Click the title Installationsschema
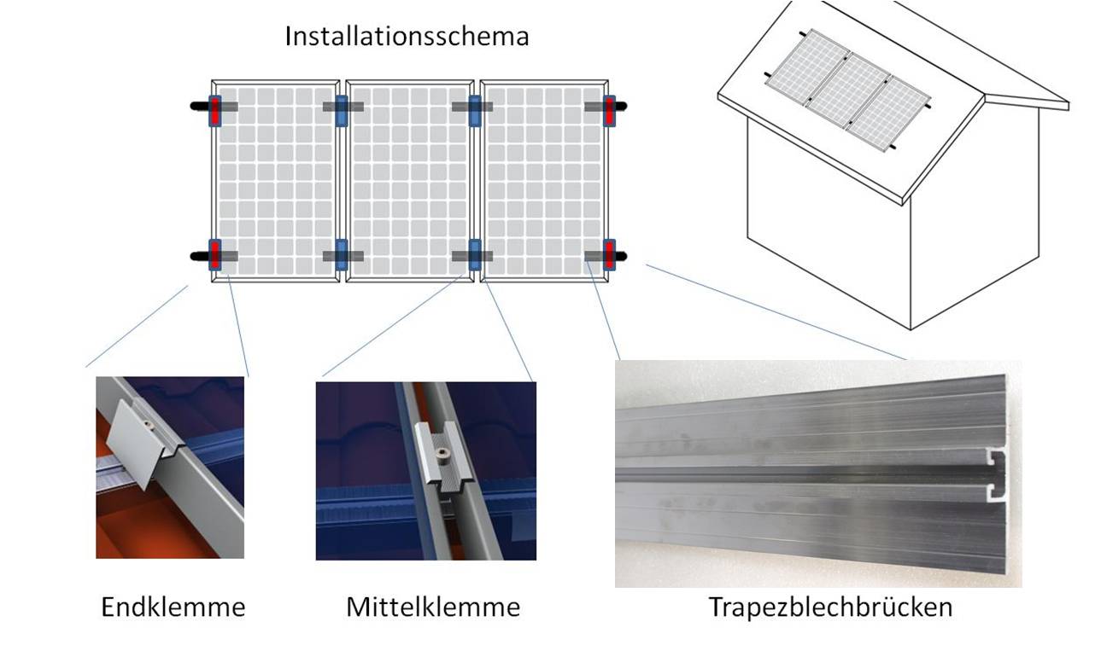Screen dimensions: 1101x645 (x=407, y=37)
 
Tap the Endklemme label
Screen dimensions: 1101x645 (x=173, y=607)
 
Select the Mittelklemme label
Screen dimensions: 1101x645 (x=433, y=607)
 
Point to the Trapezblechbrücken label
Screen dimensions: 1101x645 (x=831, y=607)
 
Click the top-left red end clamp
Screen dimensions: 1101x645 (x=214, y=111)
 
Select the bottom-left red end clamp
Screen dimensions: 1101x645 (x=214, y=255)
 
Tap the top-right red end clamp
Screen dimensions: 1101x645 (x=610, y=111)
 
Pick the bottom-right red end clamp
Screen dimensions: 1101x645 (x=610, y=255)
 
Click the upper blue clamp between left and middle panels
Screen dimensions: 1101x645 (x=342, y=111)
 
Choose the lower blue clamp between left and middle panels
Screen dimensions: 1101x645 (x=342, y=255)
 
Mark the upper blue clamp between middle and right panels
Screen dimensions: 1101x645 (x=474, y=111)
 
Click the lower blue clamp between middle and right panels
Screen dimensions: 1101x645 (x=474, y=255)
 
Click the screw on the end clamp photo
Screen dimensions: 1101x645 (x=148, y=424)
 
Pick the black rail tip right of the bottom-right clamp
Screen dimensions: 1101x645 (x=621, y=255)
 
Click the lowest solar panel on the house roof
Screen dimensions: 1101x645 (x=887, y=113)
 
